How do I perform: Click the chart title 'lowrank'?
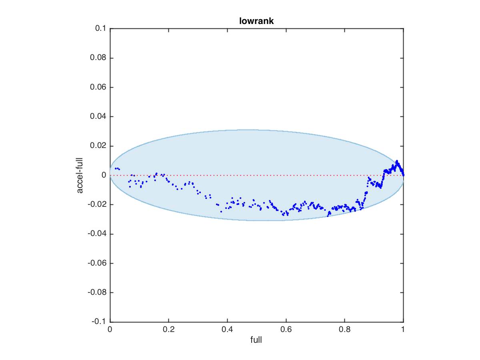pos(256,22)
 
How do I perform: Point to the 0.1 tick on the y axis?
pos(100,29)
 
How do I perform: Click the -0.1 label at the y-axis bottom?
pos(99,322)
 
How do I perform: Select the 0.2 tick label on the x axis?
pos(168,330)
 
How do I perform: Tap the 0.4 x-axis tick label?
pos(227,330)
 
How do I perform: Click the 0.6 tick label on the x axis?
pos(286,330)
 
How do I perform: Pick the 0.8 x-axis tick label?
pos(344,330)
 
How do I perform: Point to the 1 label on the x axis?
pos(403,330)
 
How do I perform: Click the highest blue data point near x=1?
pos(397,161)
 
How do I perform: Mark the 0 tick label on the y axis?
pos(104,175)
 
